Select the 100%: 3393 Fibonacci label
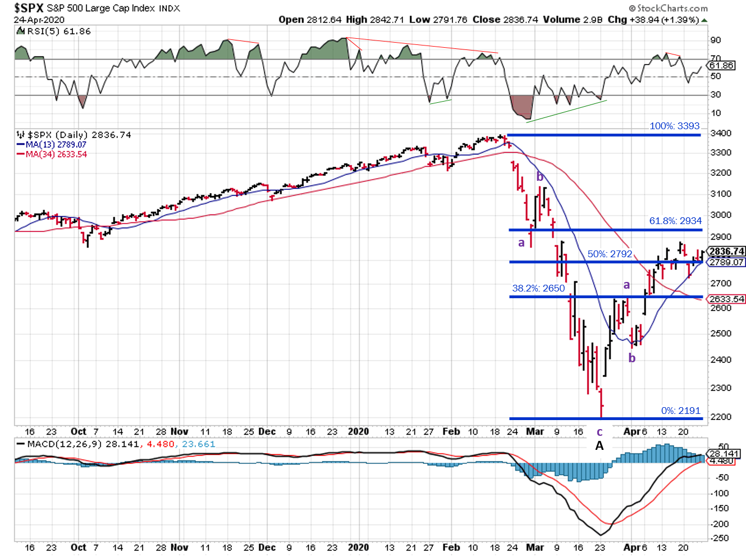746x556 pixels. point(675,126)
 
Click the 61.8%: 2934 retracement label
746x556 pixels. point(675,221)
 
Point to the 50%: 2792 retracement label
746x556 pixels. point(610,254)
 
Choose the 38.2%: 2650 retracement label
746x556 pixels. point(538,288)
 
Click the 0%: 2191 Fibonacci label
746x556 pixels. point(680,411)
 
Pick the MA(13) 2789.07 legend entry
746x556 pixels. point(56,144)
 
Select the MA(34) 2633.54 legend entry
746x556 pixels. point(56,154)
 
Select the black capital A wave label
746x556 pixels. point(599,445)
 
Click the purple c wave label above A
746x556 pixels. point(599,432)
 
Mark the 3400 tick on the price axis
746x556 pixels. point(721,133)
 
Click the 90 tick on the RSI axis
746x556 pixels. point(716,40)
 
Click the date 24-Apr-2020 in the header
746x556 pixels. point(39,20)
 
